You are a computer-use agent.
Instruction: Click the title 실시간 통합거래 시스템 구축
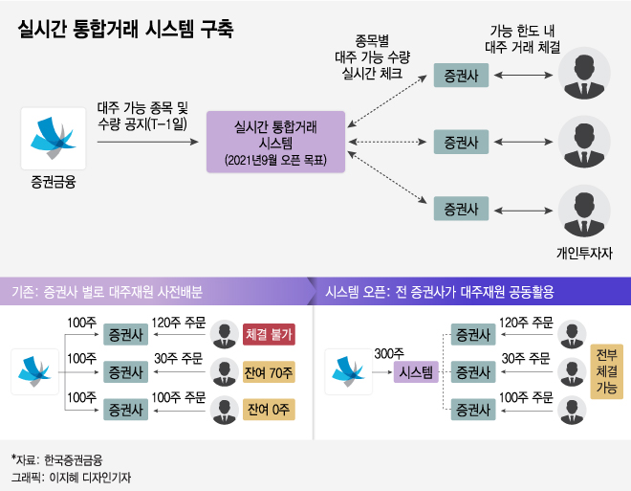click(125, 28)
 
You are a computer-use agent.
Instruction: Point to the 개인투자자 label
click(583, 254)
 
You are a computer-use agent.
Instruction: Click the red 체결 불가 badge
click(268, 335)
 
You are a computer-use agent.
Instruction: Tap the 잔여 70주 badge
click(268, 372)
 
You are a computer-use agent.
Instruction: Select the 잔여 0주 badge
click(268, 410)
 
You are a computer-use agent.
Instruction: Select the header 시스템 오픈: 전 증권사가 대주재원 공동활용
click(440, 291)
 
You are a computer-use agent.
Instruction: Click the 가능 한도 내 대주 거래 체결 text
click(522, 37)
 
